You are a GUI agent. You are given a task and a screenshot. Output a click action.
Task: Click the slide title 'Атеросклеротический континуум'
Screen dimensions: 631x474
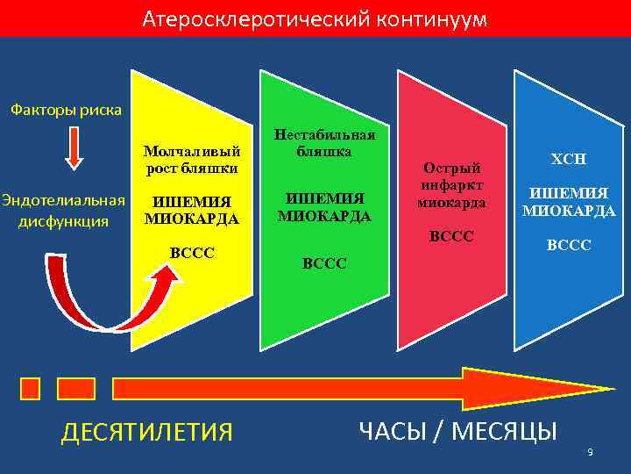(x=315, y=18)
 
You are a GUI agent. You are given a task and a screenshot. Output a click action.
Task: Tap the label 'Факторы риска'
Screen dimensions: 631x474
(x=67, y=111)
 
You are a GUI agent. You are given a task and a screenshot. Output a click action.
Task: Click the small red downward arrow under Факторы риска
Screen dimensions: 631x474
(x=74, y=148)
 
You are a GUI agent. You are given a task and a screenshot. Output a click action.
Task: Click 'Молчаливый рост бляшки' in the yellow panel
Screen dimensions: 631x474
(x=191, y=160)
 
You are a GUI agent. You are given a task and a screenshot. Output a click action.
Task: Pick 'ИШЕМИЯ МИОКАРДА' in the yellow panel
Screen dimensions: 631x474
(x=191, y=211)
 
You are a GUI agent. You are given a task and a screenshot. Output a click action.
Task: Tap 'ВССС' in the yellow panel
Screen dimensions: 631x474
(x=191, y=253)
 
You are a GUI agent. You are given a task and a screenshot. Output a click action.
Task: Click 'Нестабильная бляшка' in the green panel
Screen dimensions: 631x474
(x=324, y=143)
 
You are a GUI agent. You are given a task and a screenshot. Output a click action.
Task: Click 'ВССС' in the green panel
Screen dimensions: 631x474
(x=324, y=262)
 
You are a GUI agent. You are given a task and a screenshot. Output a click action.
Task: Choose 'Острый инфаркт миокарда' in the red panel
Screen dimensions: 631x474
(x=451, y=185)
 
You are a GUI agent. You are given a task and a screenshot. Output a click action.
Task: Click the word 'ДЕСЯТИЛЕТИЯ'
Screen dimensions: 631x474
(x=146, y=432)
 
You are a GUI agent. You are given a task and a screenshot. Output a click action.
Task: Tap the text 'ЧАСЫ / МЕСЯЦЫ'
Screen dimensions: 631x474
(x=457, y=430)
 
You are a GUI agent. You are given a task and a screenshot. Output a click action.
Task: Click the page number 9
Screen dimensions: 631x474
(x=590, y=452)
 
